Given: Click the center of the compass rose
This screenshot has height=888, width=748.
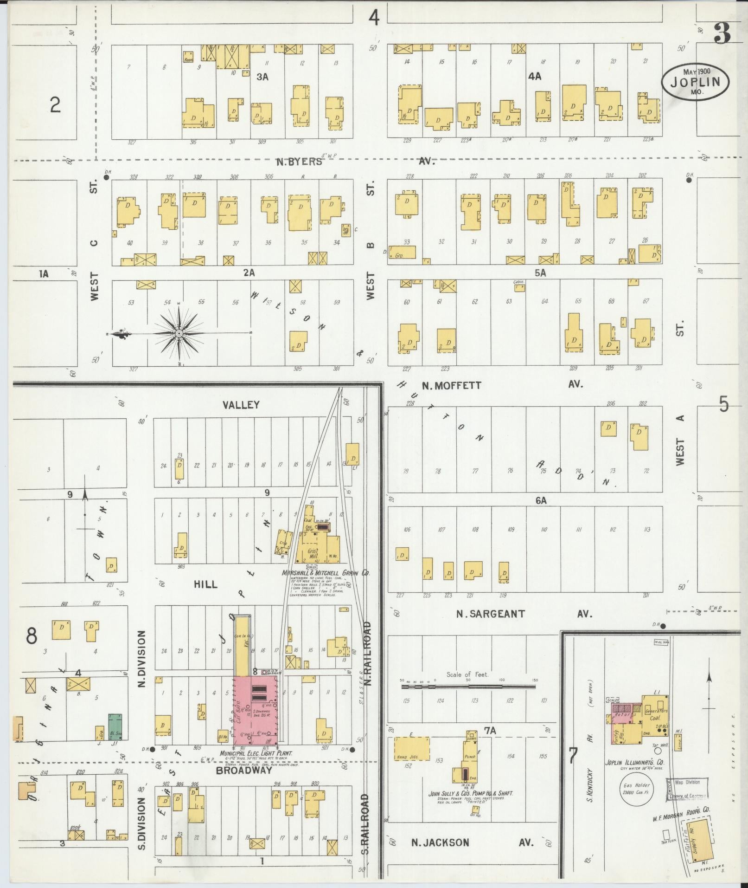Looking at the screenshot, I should pyautogui.click(x=179, y=333).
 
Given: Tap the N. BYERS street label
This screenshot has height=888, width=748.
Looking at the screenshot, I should pyautogui.click(x=299, y=162).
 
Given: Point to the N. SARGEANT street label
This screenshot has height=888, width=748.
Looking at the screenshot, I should pyautogui.click(x=491, y=614).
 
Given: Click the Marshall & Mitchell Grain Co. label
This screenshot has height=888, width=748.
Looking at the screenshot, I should pyautogui.click(x=326, y=573).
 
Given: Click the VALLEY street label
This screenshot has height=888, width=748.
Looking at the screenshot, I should pyautogui.click(x=241, y=405).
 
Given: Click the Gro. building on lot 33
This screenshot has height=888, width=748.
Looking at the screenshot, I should pyautogui.click(x=402, y=252).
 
